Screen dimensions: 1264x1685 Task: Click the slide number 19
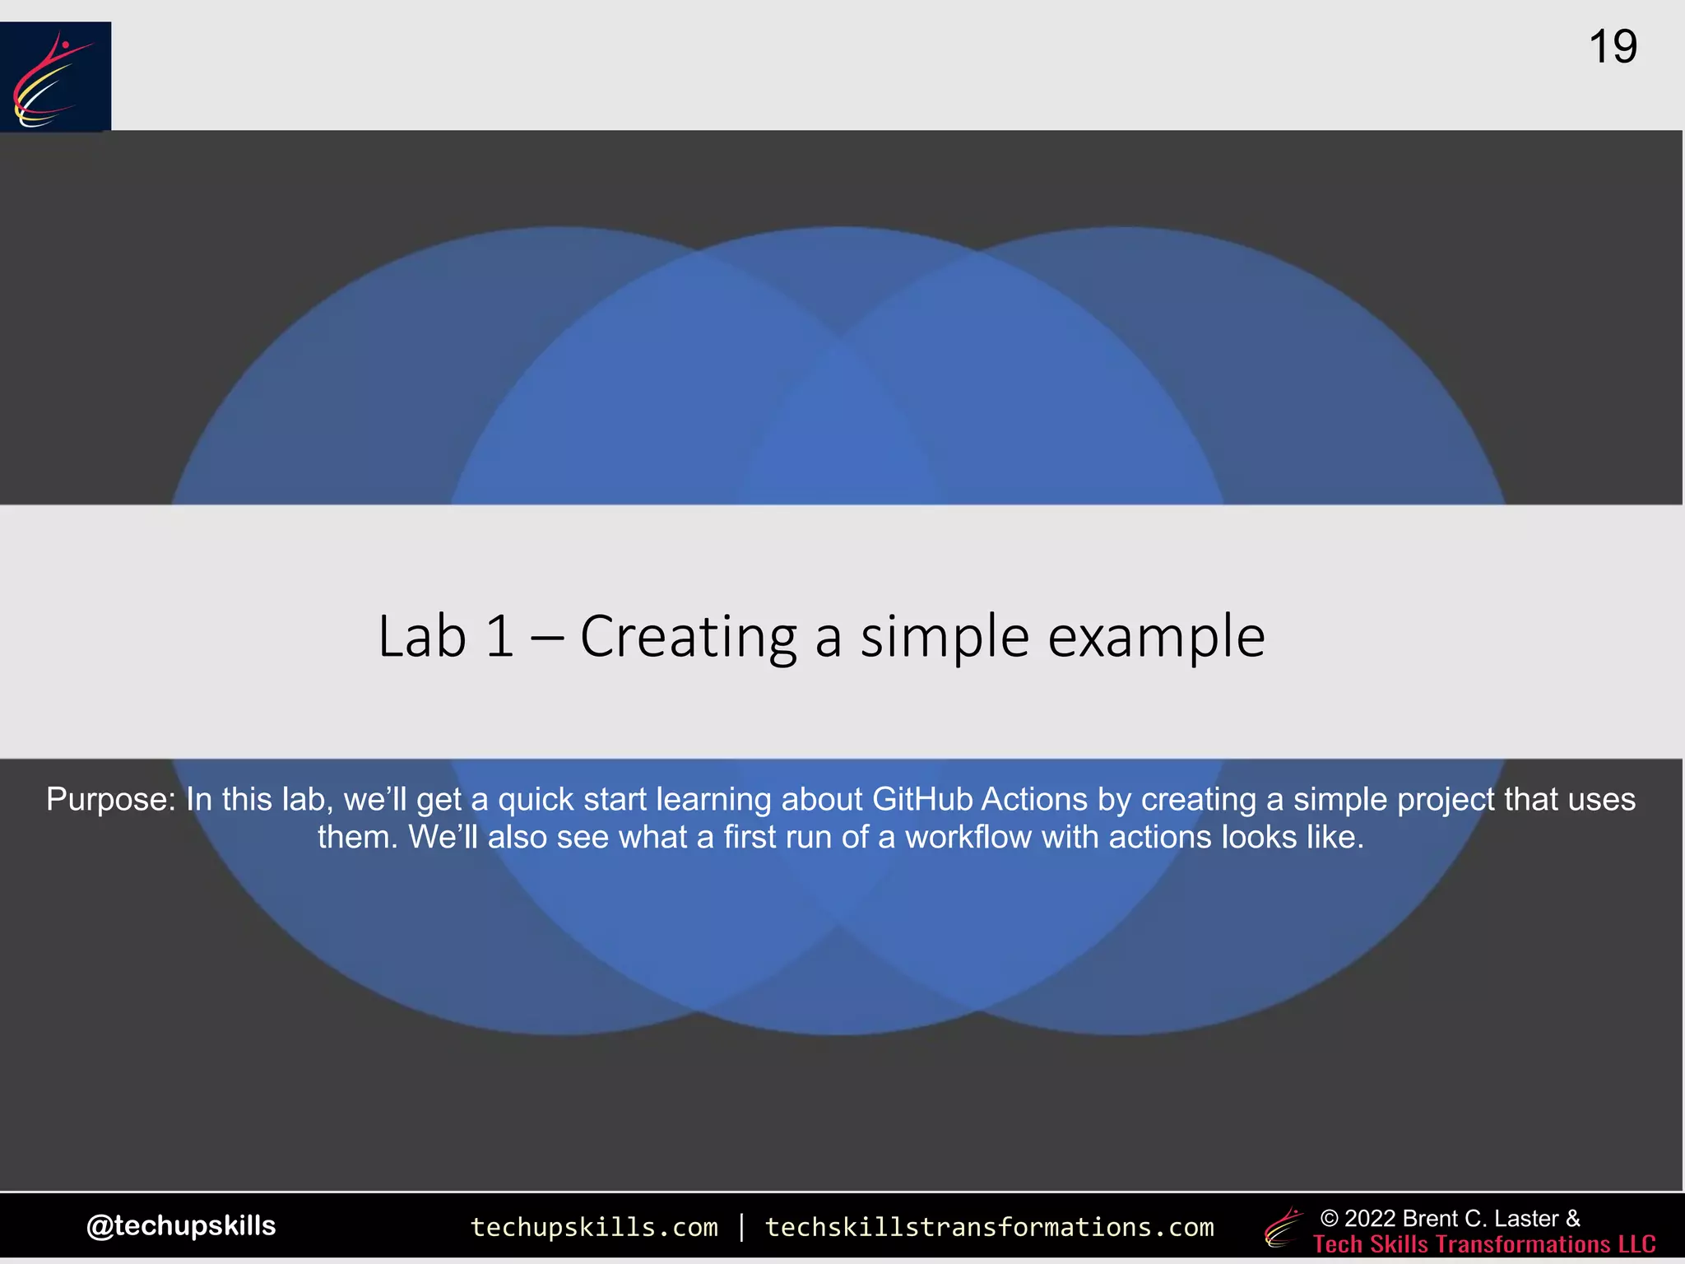[1613, 47]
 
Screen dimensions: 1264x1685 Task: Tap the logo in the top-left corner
[55, 76]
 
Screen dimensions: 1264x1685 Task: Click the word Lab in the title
[422, 636]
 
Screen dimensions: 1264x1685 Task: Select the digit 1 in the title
[499, 636]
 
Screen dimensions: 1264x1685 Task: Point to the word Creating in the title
[689, 638]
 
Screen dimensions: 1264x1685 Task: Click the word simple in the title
[945, 638]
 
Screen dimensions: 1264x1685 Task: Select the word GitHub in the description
[922, 799]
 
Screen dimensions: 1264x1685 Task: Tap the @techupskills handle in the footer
[181, 1225]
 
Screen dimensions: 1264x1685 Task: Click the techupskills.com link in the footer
[594, 1227]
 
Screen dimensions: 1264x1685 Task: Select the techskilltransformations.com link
[989, 1227]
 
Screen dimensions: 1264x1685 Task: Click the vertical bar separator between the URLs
[742, 1227]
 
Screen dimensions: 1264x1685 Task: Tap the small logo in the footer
[1283, 1228]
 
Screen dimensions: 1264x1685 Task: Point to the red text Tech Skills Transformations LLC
[1484, 1243]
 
